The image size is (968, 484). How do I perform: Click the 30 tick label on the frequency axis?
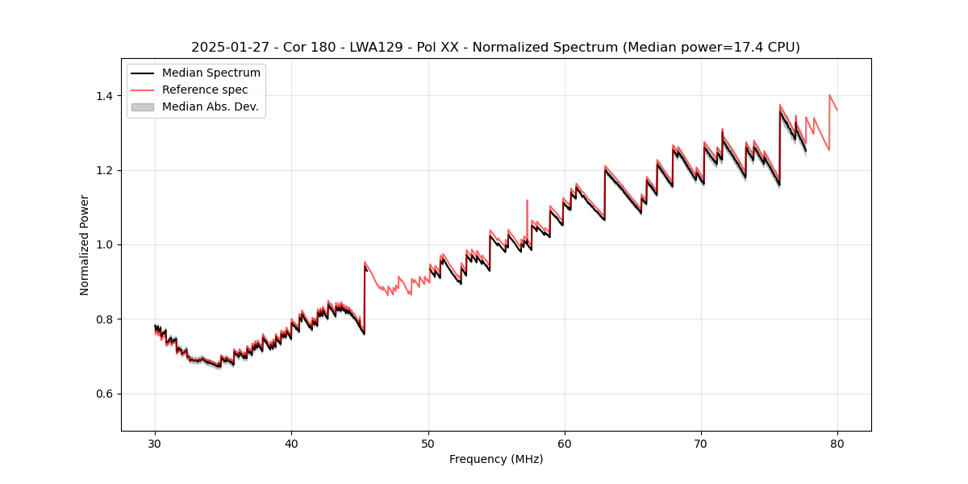(x=155, y=444)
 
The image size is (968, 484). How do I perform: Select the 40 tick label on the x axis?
(x=291, y=444)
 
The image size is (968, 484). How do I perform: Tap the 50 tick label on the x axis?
(x=428, y=444)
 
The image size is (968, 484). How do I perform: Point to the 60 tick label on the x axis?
(x=565, y=444)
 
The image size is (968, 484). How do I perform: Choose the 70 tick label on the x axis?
(x=701, y=444)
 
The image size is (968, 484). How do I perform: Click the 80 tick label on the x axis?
(x=837, y=444)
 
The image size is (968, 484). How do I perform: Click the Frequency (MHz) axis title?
(x=496, y=459)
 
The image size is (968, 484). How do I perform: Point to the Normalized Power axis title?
(x=85, y=244)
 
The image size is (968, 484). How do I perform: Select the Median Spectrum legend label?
(x=211, y=73)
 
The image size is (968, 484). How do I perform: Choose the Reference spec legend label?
(x=205, y=90)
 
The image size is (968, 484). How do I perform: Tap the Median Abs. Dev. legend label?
(x=211, y=106)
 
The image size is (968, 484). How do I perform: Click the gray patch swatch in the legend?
(x=142, y=106)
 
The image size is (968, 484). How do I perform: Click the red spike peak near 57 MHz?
(x=527, y=200)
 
